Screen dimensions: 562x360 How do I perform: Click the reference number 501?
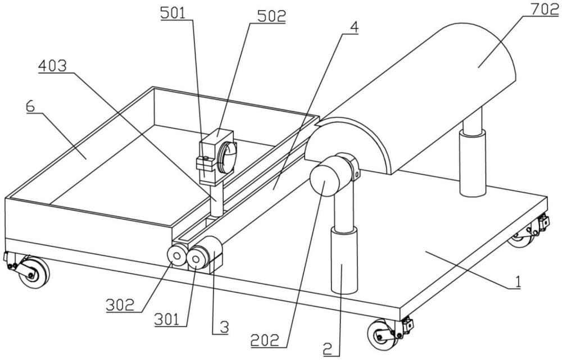[x=173, y=13]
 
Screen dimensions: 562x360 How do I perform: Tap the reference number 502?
[x=272, y=16]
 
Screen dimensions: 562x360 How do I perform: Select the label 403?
[x=52, y=66]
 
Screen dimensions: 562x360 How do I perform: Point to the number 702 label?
[x=545, y=10]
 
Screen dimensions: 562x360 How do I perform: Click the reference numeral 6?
[x=30, y=107]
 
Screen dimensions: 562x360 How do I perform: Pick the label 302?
[x=120, y=305]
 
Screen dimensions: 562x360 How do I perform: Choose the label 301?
[x=167, y=319]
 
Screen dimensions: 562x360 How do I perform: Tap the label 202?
[x=265, y=341]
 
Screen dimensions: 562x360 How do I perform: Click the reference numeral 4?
[x=354, y=27]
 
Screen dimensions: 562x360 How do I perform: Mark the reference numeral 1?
[x=518, y=282]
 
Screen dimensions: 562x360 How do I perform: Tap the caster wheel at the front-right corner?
[x=382, y=335]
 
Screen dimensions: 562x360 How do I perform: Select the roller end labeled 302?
[x=177, y=256]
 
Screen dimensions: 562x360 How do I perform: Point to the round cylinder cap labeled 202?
[x=325, y=182]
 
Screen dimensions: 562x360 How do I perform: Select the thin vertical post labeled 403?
[x=216, y=200]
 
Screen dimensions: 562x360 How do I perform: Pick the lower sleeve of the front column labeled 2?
[x=344, y=261]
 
